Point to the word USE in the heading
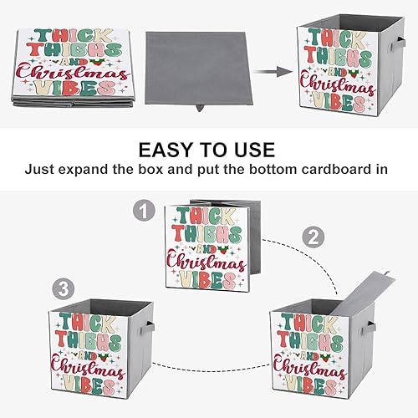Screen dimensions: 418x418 250,150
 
